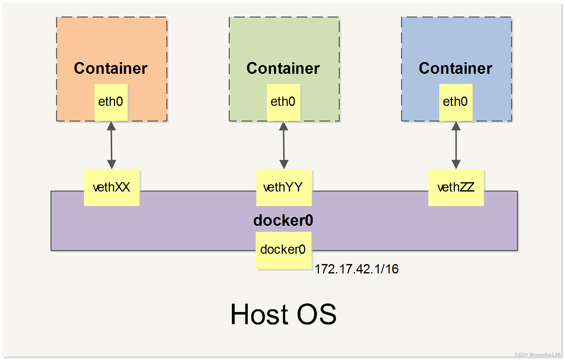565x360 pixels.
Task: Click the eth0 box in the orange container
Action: pos(111,102)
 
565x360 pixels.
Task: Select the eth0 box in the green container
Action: pos(283,102)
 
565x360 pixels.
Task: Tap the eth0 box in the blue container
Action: pos(456,102)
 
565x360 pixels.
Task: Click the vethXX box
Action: pos(112,187)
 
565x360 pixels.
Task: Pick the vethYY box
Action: pos(284,187)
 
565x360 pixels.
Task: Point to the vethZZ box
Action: pos(456,187)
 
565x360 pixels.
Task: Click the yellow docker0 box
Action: pos(283,250)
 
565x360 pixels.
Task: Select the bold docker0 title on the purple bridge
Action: pos(283,220)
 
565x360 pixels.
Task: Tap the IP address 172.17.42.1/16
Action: pos(357,269)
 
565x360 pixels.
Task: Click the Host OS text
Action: pos(283,315)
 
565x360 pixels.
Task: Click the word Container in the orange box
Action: pos(111,69)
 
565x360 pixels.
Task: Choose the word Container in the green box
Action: pos(283,69)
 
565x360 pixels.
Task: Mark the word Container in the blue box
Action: pos(455,69)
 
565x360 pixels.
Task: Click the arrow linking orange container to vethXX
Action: pos(111,145)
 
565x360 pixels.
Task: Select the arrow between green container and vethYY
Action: pos(284,145)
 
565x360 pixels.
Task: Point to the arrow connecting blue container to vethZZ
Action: pos(456,145)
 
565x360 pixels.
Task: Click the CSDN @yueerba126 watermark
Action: pos(537,354)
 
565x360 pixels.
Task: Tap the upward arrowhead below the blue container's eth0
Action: pos(456,126)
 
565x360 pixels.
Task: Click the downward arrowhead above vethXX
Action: pos(112,164)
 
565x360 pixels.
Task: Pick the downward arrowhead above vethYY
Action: pos(284,164)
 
